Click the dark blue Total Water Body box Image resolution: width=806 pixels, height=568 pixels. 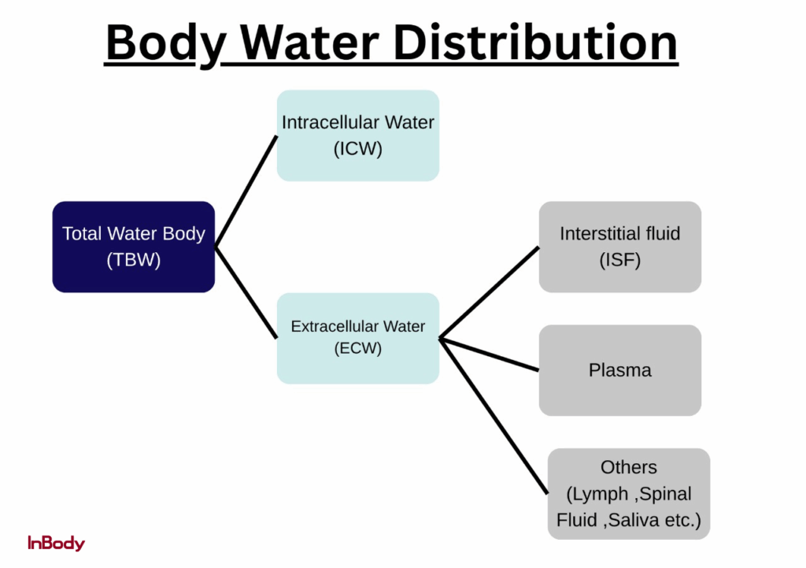[x=134, y=247]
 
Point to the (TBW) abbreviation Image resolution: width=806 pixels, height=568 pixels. [x=134, y=261]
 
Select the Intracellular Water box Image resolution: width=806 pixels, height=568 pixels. [x=358, y=136]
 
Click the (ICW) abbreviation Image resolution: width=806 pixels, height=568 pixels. [x=358, y=149]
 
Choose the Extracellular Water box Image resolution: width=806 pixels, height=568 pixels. [x=358, y=338]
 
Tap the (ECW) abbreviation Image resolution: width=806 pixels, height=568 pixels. [x=358, y=349]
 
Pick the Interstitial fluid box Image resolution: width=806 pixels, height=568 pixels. [x=620, y=247]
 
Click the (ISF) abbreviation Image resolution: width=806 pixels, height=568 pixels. [x=620, y=260]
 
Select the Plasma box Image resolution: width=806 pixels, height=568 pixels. [x=620, y=370]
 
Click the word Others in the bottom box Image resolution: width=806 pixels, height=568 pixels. [x=629, y=467]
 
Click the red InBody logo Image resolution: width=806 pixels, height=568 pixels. [x=56, y=543]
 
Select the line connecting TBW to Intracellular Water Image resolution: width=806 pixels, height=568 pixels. [x=246, y=191]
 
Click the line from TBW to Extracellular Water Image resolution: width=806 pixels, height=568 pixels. [x=246, y=293]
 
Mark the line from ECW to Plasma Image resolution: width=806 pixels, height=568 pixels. [x=489, y=355]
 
